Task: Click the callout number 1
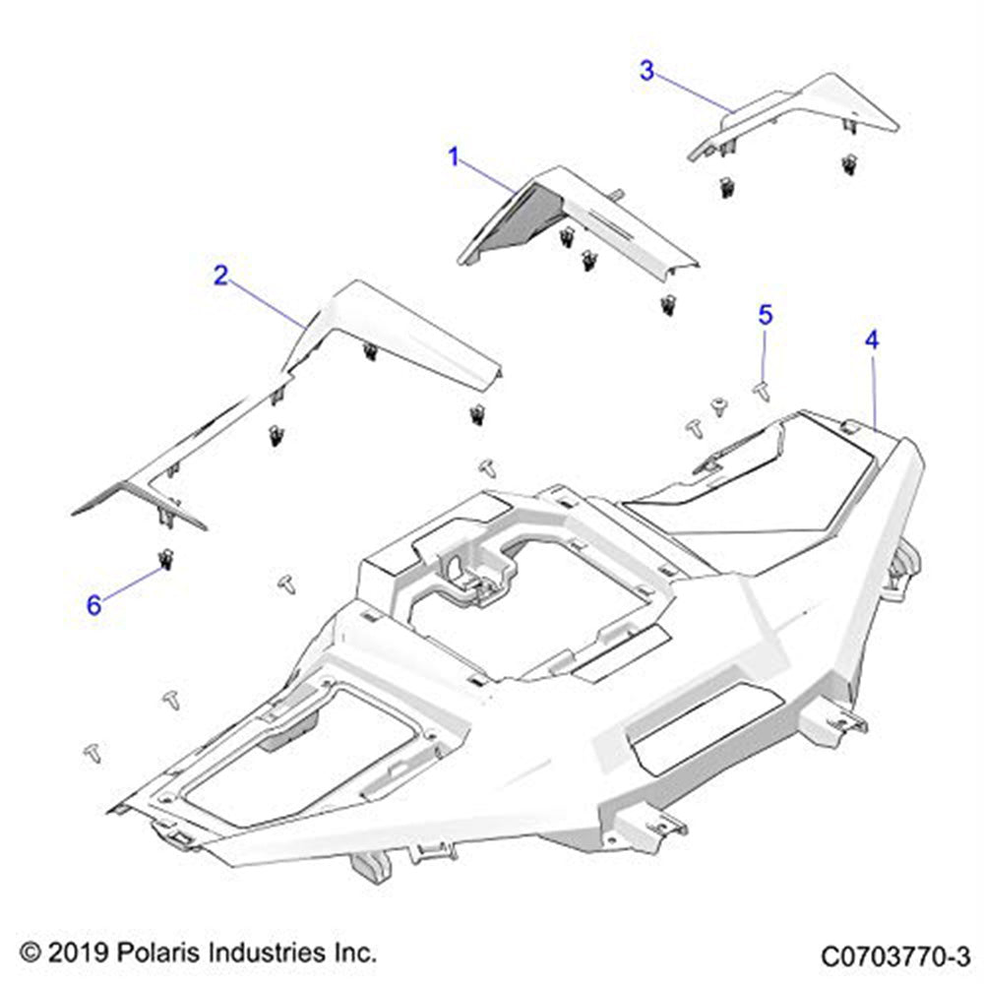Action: point(454,156)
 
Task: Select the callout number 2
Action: point(220,276)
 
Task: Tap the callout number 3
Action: point(646,71)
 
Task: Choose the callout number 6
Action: point(93,605)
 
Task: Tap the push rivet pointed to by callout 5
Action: point(760,391)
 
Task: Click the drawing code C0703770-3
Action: point(895,955)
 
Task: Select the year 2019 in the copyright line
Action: point(70,953)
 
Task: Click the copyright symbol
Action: point(30,953)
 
